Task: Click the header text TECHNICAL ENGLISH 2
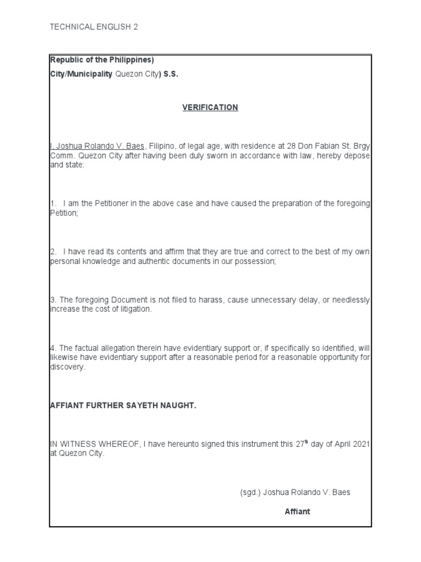[x=94, y=26]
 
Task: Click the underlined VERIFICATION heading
[x=210, y=108]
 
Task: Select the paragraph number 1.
[x=53, y=204]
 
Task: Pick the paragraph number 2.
[x=53, y=251]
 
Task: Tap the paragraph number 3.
[x=53, y=300]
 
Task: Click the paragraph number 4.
[x=53, y=348]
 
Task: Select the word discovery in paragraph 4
[x=67, y=367]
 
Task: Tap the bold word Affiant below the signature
[x=297, y=512]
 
